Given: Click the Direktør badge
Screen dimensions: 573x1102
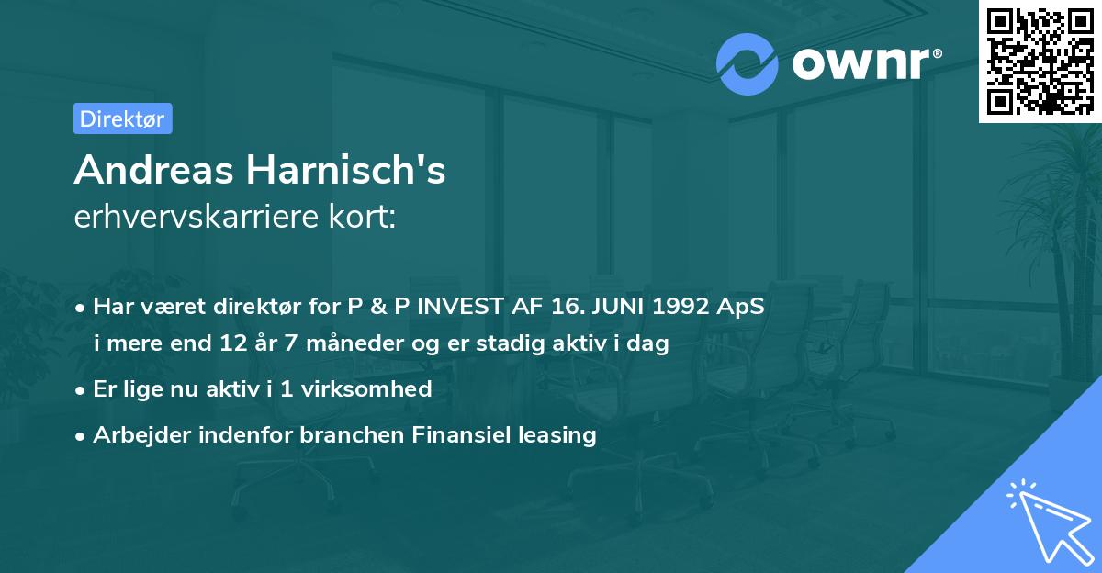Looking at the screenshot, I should coord(122,118).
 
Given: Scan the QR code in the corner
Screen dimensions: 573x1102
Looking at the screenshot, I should coord(1040,61).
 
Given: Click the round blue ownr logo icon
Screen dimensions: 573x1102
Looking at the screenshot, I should coord(748,64).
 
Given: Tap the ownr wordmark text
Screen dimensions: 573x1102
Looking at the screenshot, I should coord(866,64).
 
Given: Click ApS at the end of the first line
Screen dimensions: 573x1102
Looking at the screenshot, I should coord(741,307).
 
